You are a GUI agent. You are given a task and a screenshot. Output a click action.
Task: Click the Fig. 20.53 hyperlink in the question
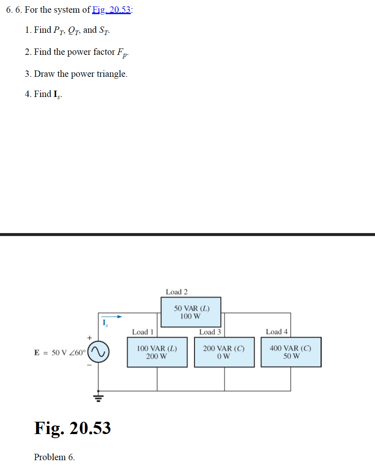pos(111,10)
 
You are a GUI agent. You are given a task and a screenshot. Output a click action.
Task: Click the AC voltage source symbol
pos(98,352)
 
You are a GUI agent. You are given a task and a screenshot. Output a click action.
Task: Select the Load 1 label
pos(142,332)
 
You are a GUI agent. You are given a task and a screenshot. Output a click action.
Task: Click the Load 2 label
pos(176,292)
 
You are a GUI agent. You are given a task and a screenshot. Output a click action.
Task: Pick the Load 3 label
pos(210,332)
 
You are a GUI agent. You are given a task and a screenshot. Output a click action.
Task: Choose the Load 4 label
pos(277,332)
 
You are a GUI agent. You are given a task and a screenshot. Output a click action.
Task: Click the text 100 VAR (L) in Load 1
pos(157,348)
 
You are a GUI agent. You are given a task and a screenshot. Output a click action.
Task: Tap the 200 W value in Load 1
pos(157,356)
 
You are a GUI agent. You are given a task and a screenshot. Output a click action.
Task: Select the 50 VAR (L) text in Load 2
pos(192,308)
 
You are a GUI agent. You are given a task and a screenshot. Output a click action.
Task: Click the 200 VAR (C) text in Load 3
pos(224,348)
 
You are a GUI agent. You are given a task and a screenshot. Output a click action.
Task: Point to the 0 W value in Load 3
pos(224,356)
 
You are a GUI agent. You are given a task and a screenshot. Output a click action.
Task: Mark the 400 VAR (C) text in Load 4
pos(290,348)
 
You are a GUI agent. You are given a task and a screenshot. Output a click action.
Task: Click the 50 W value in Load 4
pos(291,356)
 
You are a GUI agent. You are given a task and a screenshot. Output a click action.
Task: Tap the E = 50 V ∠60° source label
pos(60,353)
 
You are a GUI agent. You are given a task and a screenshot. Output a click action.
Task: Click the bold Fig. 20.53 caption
pos(72,428)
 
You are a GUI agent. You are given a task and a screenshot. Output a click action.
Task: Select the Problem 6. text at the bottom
pos(54,457)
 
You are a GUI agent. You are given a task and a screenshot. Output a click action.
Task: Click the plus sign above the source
pos(89,338)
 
